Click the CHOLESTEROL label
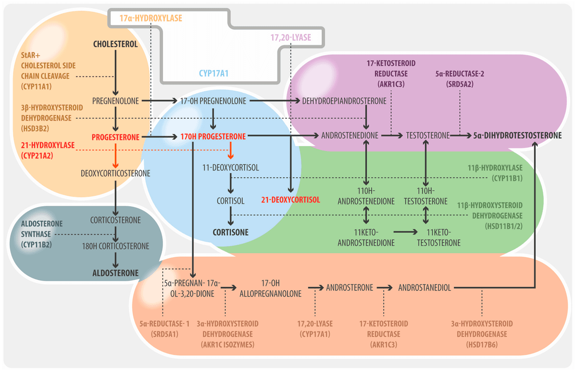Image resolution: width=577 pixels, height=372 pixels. [115, 44]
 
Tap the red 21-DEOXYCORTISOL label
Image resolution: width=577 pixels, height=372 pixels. [290, 200]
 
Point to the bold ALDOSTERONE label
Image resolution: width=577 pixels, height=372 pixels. [115, 273]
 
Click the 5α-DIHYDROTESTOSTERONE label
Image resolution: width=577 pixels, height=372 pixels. [517, 136]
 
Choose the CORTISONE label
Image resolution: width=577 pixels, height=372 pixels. [231, 233]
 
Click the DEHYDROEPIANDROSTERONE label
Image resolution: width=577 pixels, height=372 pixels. [344, 101]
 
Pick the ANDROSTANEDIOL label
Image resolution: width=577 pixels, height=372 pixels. [425, 288]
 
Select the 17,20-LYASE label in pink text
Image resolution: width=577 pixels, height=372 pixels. [291, 37]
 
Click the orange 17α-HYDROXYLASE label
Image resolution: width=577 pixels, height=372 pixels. [151, 18]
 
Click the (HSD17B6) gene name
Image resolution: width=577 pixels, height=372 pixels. [482, 345]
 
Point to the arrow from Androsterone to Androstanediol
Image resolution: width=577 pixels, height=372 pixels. [385, 288]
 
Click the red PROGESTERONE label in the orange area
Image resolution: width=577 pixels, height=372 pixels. [115, 137]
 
